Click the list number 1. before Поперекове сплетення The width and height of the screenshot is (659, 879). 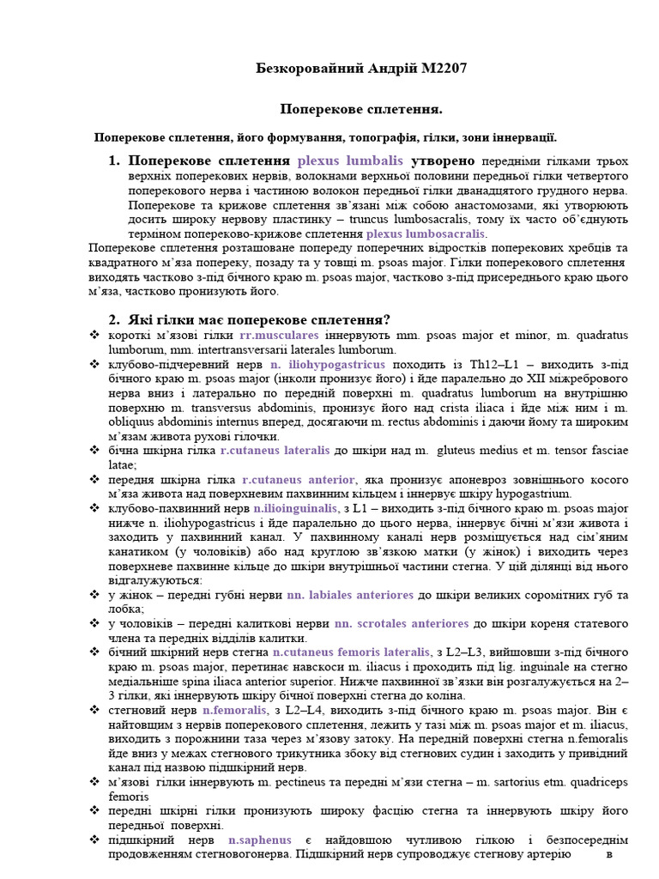[114, 161]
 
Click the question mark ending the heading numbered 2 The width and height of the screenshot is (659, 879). [388, 319]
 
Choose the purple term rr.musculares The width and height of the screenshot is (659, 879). [279, 335]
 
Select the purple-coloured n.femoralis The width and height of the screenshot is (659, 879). [236, 710]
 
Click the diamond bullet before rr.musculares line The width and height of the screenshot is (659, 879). [94, 335]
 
